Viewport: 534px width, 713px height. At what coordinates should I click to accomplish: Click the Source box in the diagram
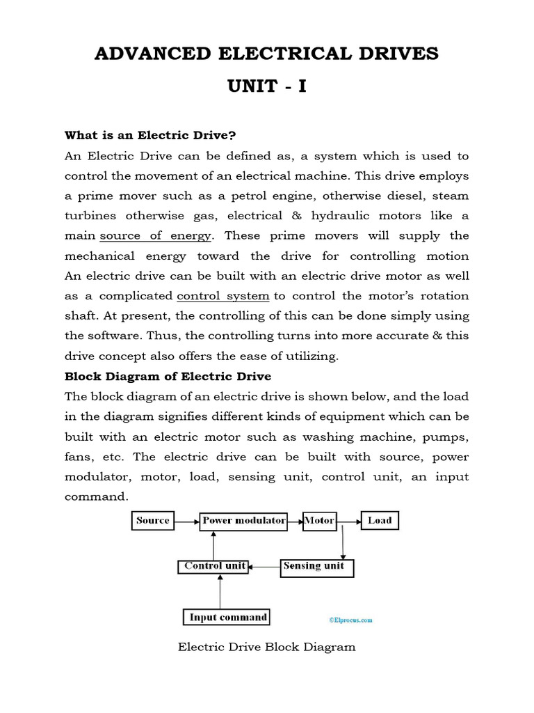point(153,521)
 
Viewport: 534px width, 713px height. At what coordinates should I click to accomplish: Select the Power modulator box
point(243,521)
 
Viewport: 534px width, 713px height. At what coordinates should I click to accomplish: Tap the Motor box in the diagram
point(319,521)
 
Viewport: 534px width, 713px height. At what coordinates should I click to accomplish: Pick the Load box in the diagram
point(380,521)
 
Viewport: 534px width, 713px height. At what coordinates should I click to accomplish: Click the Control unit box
point(214,567)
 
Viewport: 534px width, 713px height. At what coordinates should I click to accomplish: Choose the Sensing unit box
point(316,567)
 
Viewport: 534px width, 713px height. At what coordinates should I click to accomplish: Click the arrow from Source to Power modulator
point(186,521)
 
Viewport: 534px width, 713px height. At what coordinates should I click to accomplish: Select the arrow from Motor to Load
point(348,521)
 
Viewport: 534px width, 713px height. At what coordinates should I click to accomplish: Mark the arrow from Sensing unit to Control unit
point(265,567)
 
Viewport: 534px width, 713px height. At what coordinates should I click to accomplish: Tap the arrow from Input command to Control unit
point(220,591)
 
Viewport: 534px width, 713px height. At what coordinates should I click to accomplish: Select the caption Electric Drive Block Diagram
point(267,647)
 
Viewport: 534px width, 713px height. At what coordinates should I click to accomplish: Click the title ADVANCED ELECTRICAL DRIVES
point(267,54)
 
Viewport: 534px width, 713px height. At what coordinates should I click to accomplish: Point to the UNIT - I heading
point(267,87)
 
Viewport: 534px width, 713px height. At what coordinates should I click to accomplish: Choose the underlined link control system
point(223,296)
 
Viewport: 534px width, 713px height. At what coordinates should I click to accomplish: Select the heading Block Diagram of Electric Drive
point(168,376)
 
